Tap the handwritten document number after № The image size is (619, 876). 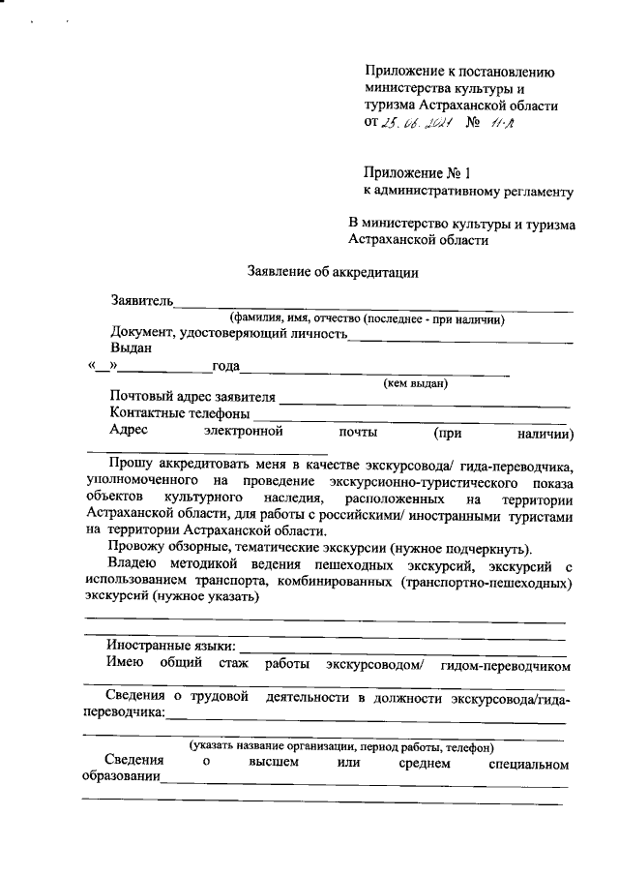click(502, 123)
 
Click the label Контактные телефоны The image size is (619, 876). click(179, 414)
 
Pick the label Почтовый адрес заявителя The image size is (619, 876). click(192, 397)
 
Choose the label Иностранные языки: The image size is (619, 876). click(170, 645)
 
